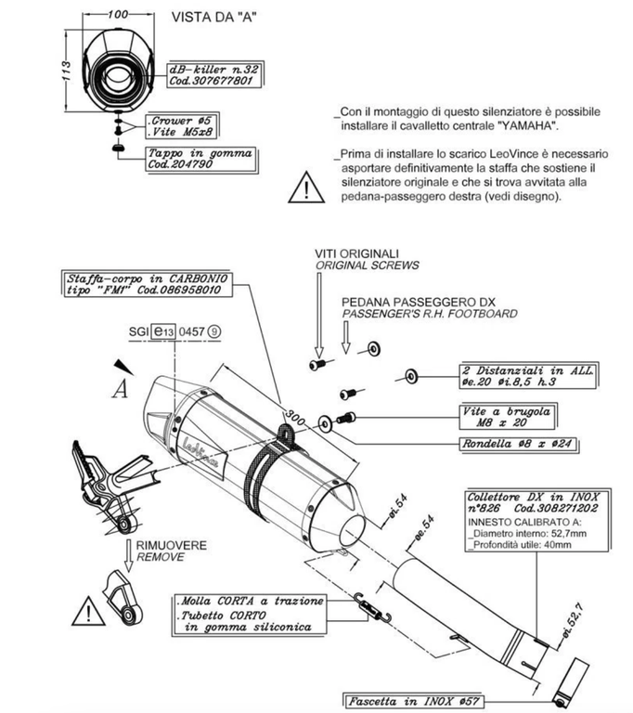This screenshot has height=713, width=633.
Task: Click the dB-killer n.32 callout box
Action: [x=213, y=73]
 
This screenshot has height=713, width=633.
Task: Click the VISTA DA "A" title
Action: [x=213, y=17]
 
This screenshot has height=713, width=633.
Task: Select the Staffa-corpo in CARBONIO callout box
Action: [x=147, y=284]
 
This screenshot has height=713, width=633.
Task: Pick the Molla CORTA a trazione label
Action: [x=250, y=601]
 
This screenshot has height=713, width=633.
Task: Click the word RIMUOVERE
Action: [x=172, y=545]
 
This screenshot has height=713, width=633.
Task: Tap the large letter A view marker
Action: [x=118, y=389]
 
